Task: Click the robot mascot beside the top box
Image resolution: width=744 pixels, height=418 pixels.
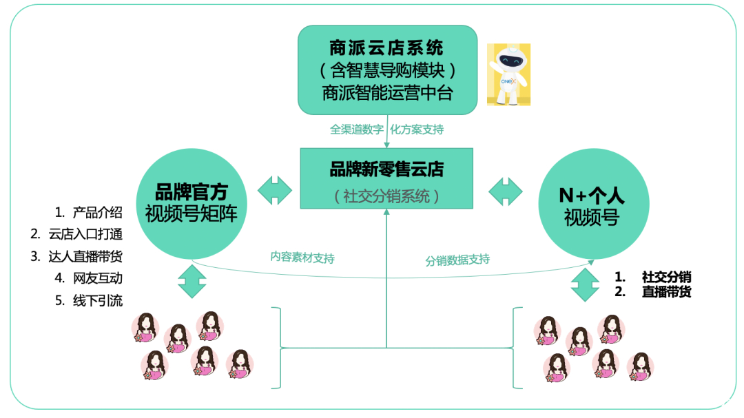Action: click(x=508, y=74)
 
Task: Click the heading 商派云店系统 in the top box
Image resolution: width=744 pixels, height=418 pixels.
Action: click(x=386, y=48)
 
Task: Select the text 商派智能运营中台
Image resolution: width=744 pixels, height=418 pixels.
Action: click(x=387, y=93)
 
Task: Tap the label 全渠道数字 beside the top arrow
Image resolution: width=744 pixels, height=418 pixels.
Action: click(x=357, y=129)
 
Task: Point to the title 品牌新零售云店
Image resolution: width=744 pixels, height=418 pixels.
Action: click(x=386, y=169)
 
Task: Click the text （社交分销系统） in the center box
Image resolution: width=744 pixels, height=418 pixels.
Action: click(x=386, y=196)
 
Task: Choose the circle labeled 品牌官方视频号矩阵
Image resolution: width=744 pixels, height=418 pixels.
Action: click(x=192, y=204)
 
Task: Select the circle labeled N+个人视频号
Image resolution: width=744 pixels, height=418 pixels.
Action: click(x=594, y=204)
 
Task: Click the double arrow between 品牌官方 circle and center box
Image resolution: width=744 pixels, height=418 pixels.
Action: click(x=275, y=190)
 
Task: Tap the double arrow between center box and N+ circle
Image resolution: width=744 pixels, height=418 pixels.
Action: click(x=506, y=191)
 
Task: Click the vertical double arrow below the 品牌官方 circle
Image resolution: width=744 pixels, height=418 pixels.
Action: click(x=192, y=281)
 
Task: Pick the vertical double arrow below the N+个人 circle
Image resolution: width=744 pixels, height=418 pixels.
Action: click(x=585, y=284)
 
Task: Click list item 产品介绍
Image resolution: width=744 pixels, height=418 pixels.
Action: click(x=98, y=213)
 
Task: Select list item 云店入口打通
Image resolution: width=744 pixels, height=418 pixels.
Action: click(x=85, y=234)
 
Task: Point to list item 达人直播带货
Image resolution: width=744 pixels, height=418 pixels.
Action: click(x=85, y=257)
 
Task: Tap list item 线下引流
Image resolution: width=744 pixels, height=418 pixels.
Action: click(x=98, y=301)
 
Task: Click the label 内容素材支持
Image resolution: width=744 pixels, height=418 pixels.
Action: click(x=302, y=257)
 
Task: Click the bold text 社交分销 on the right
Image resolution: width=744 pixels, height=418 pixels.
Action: click(x=666, y=277)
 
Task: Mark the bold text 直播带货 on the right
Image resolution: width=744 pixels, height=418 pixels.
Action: click(x=666, y=291)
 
